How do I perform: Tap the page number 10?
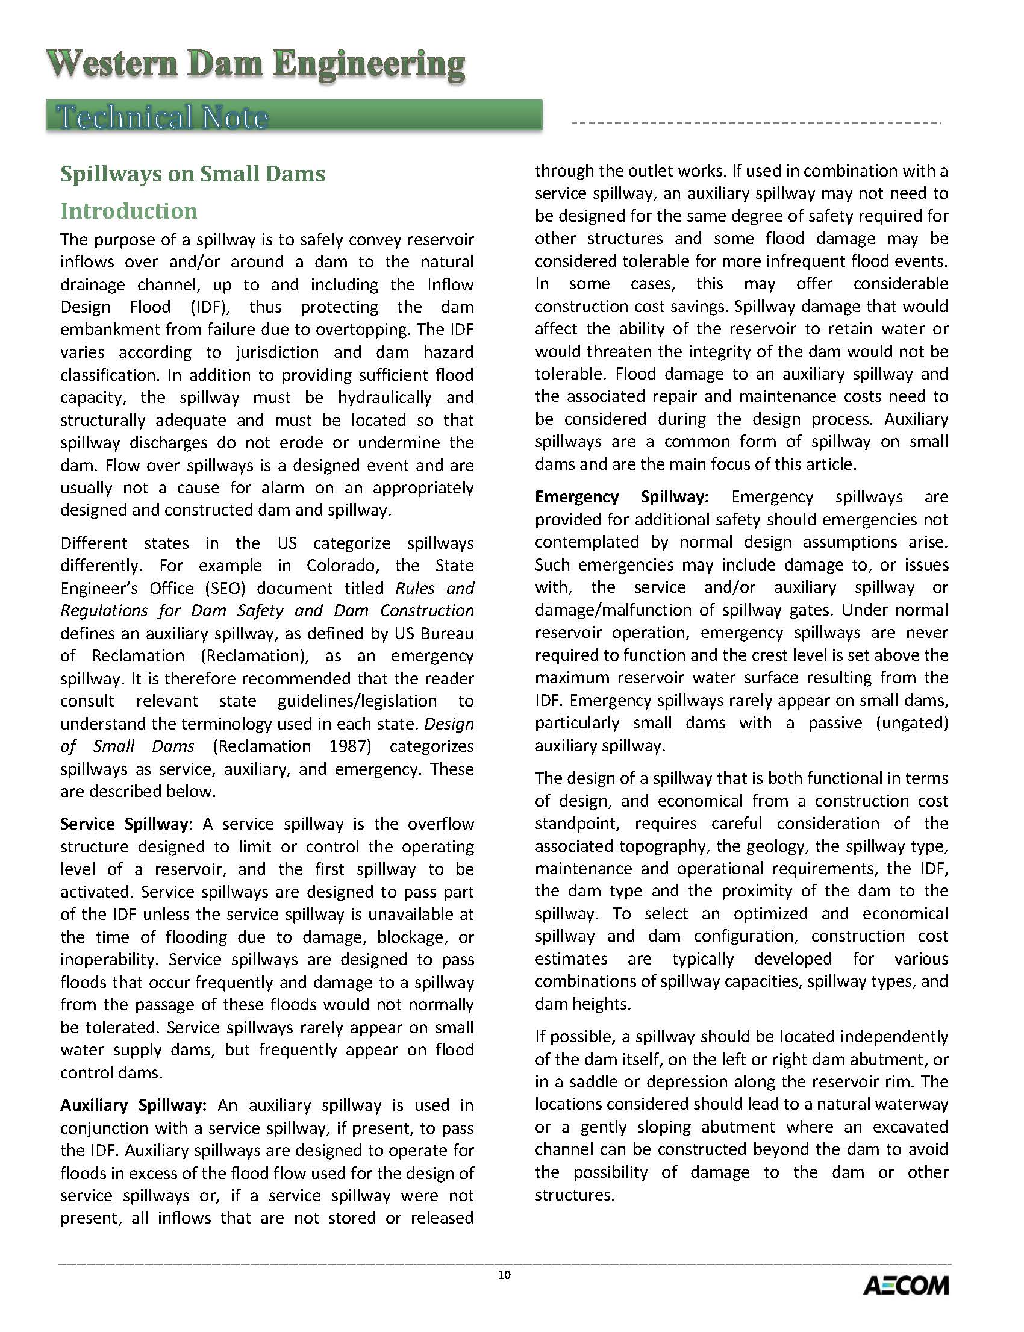click(504, 1275)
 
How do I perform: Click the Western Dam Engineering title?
click(256, 64)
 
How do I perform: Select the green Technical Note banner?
click(294, 116)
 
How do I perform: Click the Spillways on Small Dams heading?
click(193, 174)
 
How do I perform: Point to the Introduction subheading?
click(129, 211)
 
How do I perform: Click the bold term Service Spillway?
click(123, 824)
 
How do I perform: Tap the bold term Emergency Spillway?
click(622, 497)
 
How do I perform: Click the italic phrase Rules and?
click(434, 588)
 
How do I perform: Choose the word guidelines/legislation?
click(357, 701)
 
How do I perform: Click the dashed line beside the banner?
click(756, 124)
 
